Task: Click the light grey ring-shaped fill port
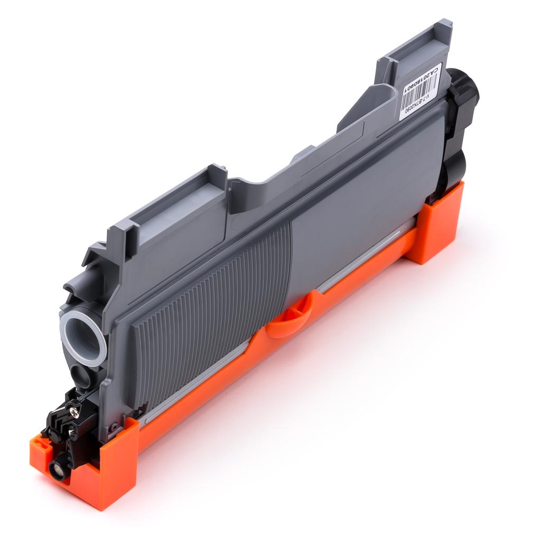[83, 337]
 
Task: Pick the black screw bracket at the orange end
[66, 423]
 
